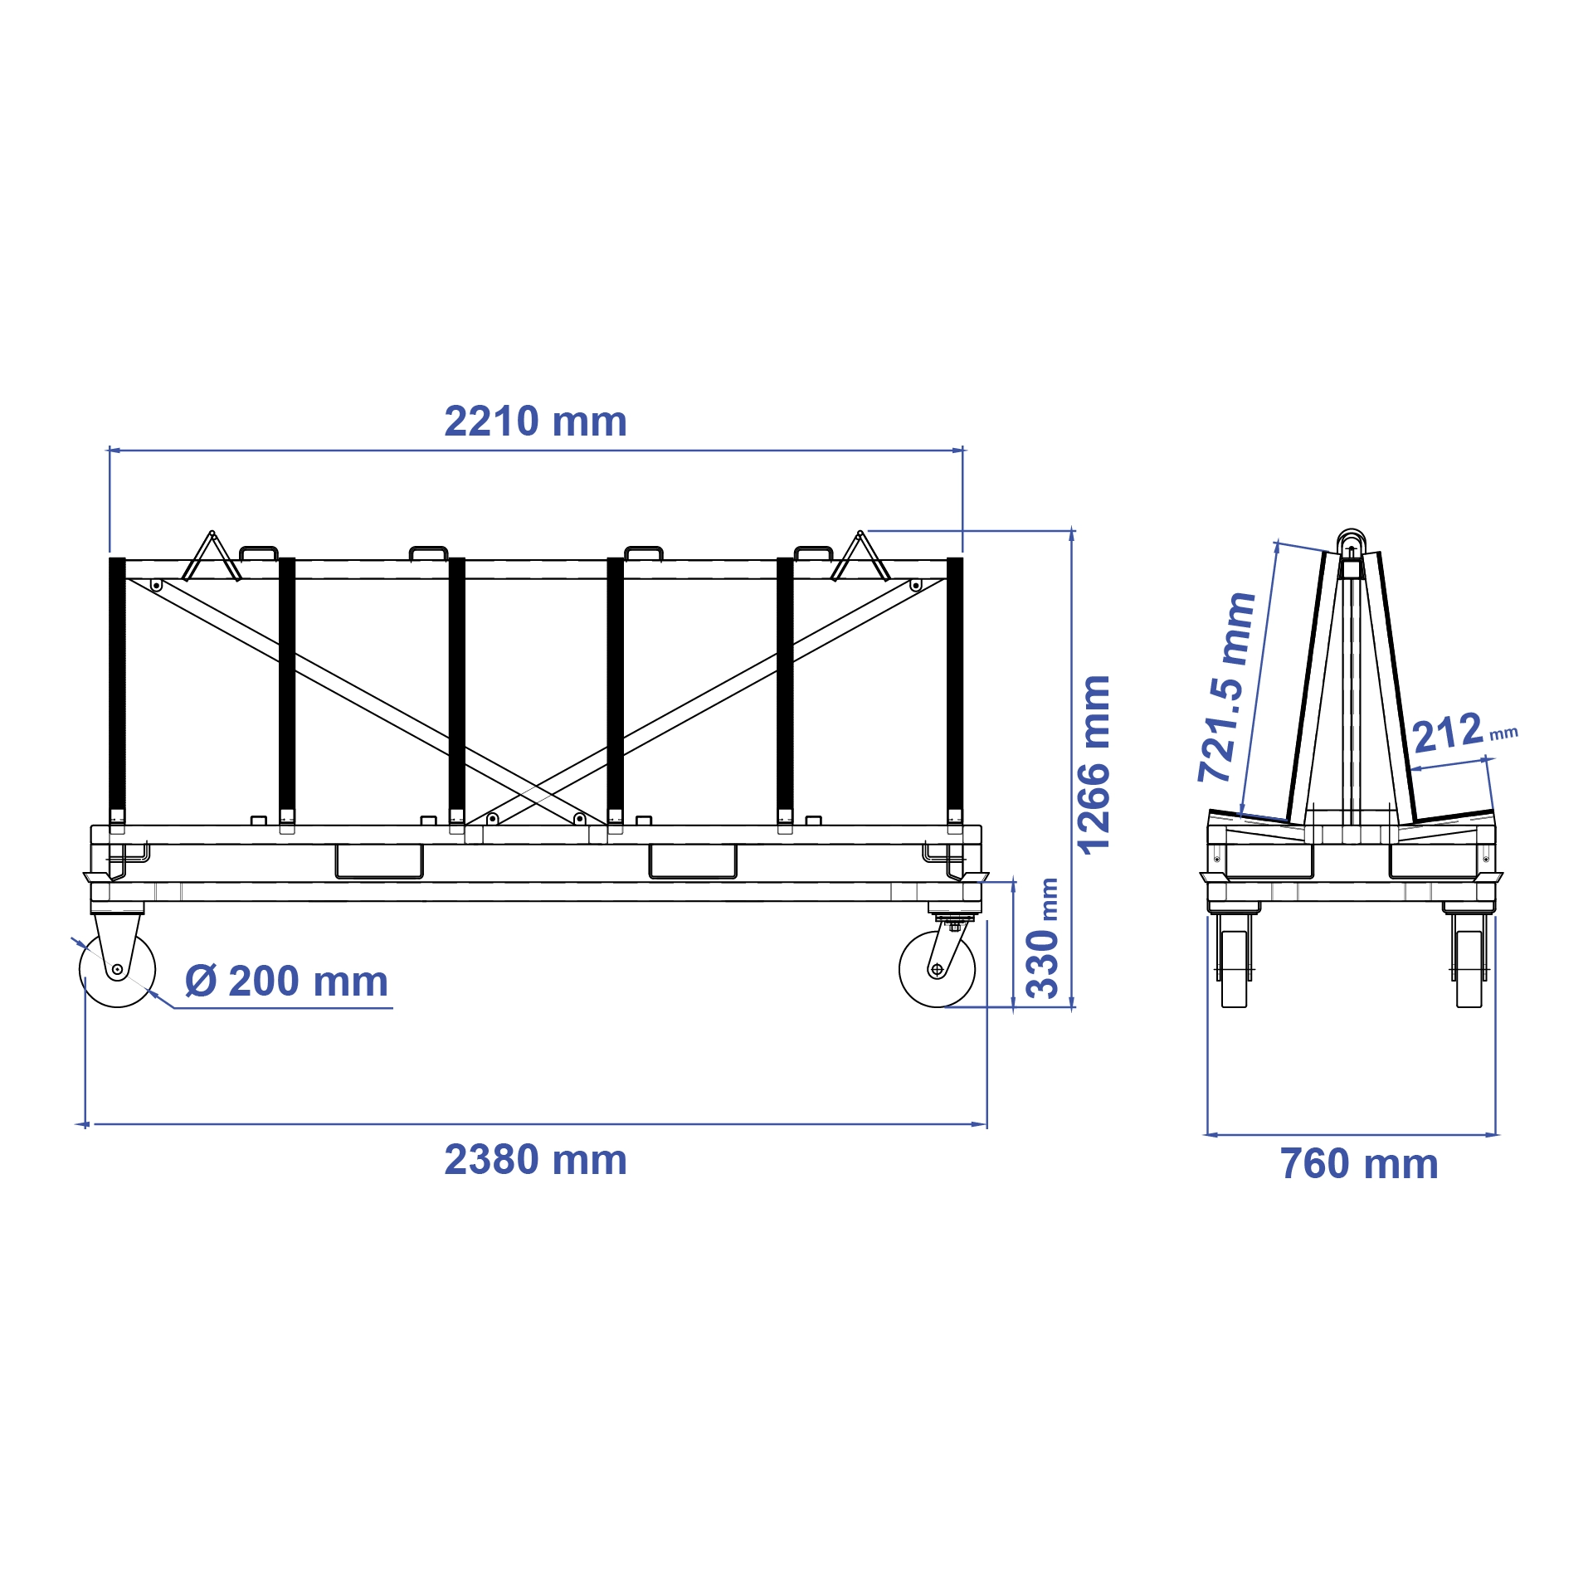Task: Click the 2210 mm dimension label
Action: click(535, 421)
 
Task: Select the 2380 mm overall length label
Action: click(535, 1160)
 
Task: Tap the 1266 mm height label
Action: click(1094, 764)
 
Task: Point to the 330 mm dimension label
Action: click(1044, 938)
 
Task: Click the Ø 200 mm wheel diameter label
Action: click(286, 982)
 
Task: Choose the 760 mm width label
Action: click(1359, 1164)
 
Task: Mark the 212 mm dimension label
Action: click(1464, 733)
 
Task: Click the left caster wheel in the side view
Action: click(117, 969)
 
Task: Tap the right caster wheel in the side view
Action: click(938, 969)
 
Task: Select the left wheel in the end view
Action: click(1234, 968)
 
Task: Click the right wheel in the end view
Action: click(1469, 968)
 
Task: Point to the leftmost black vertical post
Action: click(117, 689)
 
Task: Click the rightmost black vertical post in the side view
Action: click(955, 689)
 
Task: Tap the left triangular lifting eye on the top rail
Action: click(212, 557)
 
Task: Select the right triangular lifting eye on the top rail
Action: click(860, 557)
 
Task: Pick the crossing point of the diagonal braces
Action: click(536, 786)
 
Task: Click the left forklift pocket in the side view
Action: click(379, 861)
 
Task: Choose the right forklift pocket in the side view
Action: click(693, 861)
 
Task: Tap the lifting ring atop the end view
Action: click(1351, 540)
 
